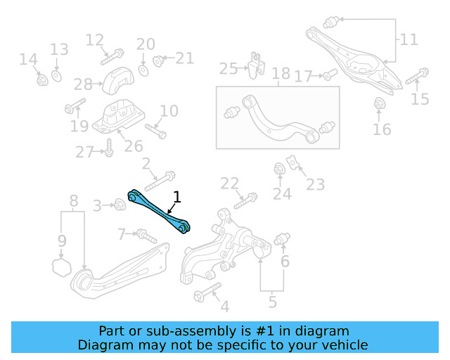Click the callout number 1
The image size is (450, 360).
pos(177,197)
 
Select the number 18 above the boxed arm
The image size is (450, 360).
pos(281,73)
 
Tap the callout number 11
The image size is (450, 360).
pos(409,39)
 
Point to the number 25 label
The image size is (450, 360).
pos(229,68)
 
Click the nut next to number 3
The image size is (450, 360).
pos(120,205)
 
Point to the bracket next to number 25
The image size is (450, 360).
pos(255,65)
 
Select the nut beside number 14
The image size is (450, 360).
pos(41,79)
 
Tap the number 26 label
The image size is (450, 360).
pos(133,146)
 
